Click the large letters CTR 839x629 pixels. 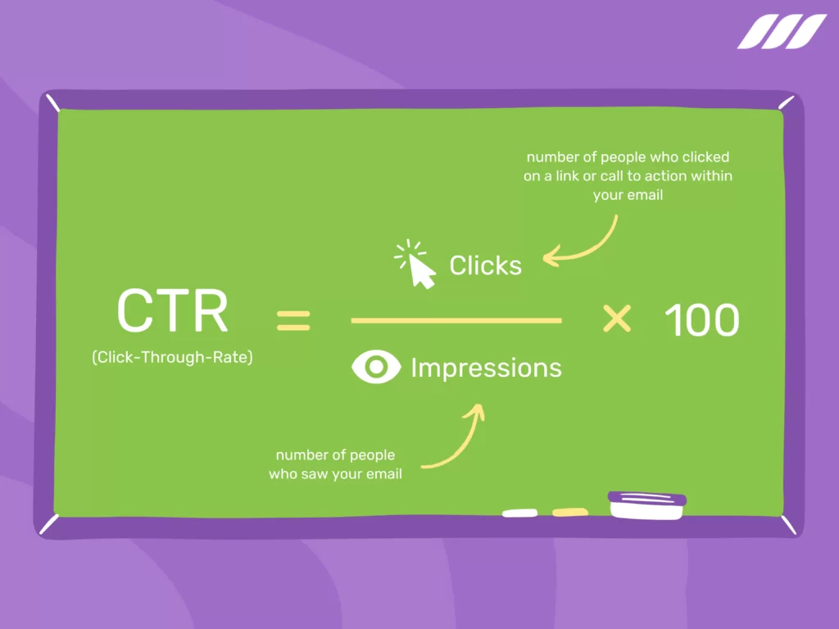click(x=172, y=311)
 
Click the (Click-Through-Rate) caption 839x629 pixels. click(x=172, y=357)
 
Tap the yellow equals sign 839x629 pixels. click(x=293, y=319)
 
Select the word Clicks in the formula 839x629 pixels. click(x=485, y=265)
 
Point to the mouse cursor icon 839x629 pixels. click(x=418, y=265)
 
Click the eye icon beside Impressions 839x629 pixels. click(x=376, y=368)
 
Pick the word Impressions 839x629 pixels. click(x=486, y=368)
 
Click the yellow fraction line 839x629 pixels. click(x=456, y=321)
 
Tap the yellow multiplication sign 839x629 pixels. click(x=616, y=319)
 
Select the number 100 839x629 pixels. click(x=701, y=320)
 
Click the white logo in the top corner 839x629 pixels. click(x=782, y=31)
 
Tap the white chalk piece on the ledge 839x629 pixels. click(x=519, y=514)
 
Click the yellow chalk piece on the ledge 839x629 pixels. click(x=569, y=513)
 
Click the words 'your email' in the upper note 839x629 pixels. click(x=628, y=196)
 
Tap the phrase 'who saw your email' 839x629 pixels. click(x=335, y=474)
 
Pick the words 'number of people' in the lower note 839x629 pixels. click(x=335, y=455)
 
